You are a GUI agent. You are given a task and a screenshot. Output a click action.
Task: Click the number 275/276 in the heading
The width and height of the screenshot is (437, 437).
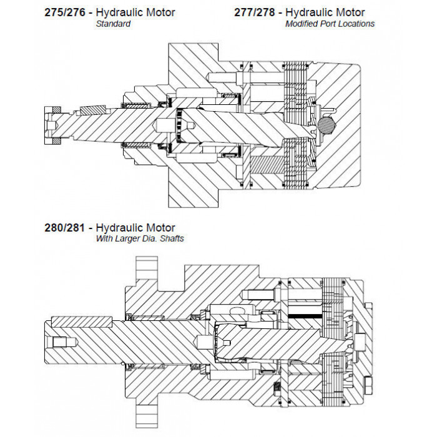coord(65,12)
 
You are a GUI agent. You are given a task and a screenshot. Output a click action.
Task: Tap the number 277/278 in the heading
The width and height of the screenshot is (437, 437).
coord(255,12)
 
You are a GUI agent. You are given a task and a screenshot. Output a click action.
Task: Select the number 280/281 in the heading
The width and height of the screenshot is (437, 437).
coord(65,228)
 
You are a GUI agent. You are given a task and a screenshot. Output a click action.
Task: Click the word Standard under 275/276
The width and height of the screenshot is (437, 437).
coord(113,24)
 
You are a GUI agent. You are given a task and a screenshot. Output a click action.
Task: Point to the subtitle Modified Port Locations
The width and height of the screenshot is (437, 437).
coord(330,24)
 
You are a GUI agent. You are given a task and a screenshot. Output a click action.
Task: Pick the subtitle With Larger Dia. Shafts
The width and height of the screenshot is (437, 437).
coord(140,239)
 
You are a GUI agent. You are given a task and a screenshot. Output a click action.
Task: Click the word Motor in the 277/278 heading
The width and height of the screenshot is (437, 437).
coord(350,12)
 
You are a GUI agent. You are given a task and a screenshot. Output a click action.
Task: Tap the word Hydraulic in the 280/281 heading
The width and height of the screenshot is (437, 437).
coord(120,228)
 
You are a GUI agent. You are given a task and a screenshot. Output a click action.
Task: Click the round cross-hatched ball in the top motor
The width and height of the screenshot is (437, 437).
coord(327,125)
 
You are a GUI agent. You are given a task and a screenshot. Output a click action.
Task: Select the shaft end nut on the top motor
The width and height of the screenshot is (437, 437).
coord(52,125)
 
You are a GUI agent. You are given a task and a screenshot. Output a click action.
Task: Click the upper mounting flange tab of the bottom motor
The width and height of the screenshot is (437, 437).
coord(147,268)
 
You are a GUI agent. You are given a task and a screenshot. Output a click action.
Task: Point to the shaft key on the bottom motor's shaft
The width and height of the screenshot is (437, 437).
coord(82,322)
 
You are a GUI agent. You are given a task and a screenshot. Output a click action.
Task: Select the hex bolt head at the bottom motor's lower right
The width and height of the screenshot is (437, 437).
coord(368,385)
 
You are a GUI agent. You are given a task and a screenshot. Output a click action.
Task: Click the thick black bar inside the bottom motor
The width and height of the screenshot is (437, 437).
coord(305,316)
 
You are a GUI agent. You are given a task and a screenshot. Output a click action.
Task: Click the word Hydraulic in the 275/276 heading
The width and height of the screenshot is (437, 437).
coord(120,12)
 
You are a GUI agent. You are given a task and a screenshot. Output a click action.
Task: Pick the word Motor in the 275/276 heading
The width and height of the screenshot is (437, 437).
coord(161,12)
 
